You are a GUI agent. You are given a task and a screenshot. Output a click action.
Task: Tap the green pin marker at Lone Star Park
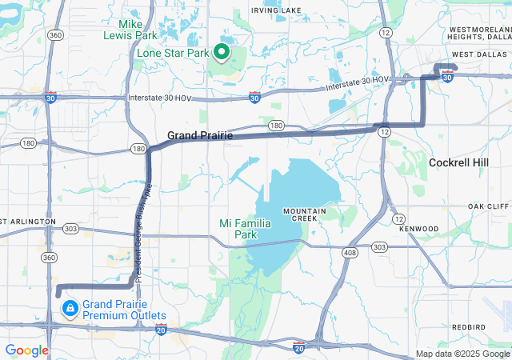220,54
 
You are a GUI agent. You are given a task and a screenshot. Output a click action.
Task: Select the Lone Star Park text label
172,54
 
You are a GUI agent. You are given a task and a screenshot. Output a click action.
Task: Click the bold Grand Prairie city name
200,136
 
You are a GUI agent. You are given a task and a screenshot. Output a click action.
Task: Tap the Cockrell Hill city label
464,162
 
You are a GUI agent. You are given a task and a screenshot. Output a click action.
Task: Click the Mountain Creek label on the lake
303,214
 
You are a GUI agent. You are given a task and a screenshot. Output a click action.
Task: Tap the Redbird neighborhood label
468,327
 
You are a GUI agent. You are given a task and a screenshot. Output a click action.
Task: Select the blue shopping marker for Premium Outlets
70,307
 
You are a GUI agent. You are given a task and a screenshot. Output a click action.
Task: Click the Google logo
26,350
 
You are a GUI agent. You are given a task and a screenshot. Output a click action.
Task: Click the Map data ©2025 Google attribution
462,354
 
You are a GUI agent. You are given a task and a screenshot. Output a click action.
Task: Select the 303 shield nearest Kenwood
379,246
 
